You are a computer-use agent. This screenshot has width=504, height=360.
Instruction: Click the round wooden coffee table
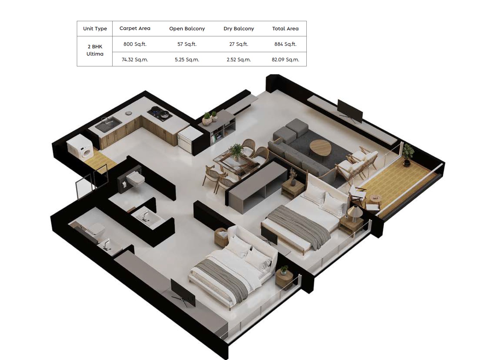(x=320, y=149)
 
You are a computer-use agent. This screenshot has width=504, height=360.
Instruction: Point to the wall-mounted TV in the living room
(x=350, y=111)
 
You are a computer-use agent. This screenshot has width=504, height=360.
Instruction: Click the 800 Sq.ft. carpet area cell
(x=135, y=44)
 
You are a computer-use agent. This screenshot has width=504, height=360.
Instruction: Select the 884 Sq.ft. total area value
(x=285, y=44)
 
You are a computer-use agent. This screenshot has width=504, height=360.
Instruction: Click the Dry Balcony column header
(x=239, y=28)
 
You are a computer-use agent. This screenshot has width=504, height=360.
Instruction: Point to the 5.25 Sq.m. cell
(x=187, y=60)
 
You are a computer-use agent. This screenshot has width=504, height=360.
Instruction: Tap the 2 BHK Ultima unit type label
(x=95, y=50)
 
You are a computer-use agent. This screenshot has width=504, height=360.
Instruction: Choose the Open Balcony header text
(x=187, y=28)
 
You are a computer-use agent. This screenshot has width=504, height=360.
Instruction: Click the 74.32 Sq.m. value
(x=135, y=60)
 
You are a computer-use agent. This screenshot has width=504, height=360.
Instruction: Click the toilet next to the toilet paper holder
(x=135, y=180)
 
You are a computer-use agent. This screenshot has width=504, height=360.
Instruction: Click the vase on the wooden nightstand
(x=293, y=182)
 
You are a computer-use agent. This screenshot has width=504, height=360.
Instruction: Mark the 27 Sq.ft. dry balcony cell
(x=239, y=44)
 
